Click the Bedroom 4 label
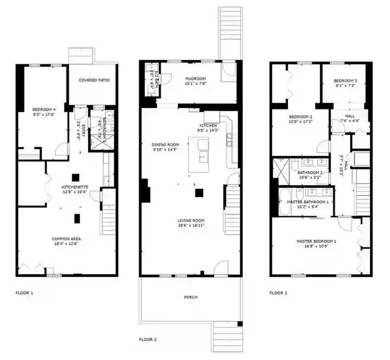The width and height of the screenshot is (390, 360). point(44,109)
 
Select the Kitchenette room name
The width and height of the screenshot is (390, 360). point(75,186)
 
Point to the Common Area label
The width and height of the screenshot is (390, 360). point(66,239)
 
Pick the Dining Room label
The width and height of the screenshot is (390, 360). point(165,145)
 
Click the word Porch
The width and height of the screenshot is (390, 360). point(190,297)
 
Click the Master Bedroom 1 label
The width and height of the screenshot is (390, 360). point(316,241)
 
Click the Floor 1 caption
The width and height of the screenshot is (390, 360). point(24,293)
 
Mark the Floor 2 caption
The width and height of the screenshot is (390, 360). point(148,339)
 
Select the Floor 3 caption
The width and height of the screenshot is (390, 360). point(278,293)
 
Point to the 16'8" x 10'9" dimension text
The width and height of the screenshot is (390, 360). point(316,247)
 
